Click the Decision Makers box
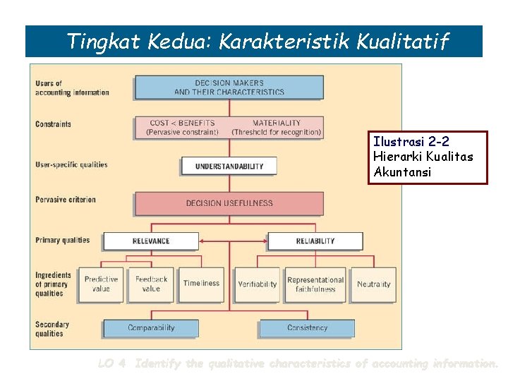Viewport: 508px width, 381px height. point(229,87)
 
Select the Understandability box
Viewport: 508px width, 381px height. point(229,167)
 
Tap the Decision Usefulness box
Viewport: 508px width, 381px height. point(229,203)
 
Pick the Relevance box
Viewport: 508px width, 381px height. point(150,241)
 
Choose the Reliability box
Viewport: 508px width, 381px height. point(315,241)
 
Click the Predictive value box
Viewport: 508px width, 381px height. point(101,284)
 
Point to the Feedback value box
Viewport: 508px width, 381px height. point(151,284)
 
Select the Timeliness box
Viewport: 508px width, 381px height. point(201,284)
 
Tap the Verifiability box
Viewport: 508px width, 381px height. point(258,284)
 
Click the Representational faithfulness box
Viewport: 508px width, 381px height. point(315,284)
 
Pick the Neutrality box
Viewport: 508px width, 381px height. point(373,284)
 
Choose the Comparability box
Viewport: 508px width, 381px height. point(151,328)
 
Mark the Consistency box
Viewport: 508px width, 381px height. point(307,328)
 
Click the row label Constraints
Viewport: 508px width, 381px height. point(54,124)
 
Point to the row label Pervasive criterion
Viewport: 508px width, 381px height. point(66,200)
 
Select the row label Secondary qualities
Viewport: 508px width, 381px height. point(52,329)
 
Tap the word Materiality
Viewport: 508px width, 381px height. point(277,123)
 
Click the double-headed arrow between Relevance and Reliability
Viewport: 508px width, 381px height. point(233,241)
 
